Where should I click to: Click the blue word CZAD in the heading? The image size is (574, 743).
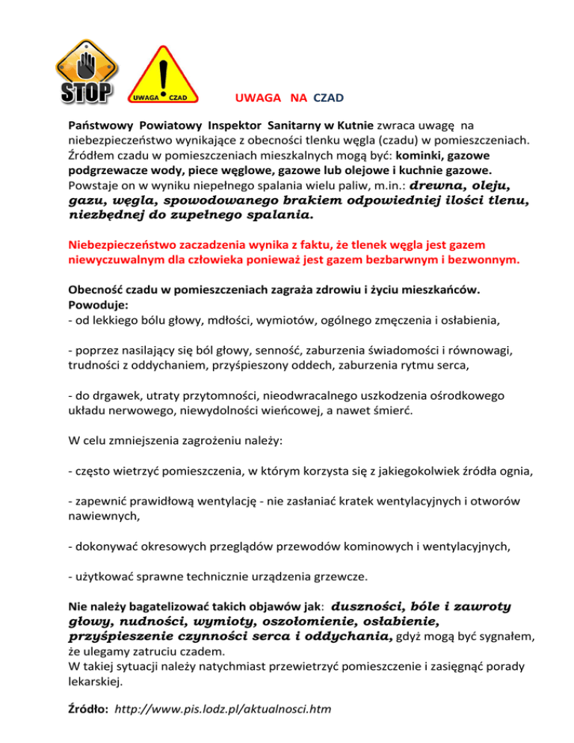[329, 98]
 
